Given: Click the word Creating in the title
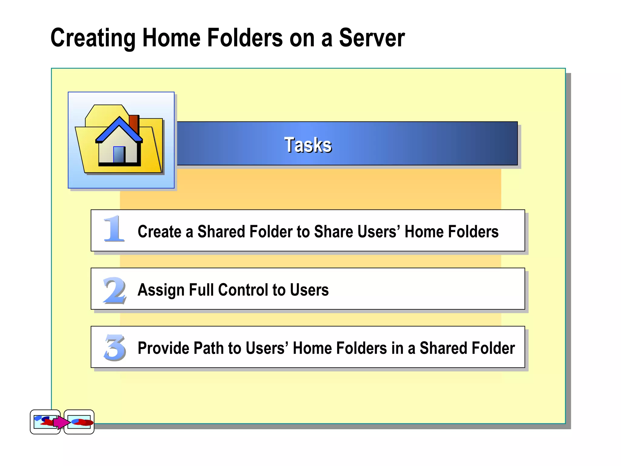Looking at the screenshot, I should coord(93,38).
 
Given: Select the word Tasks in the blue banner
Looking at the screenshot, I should coord(308,145).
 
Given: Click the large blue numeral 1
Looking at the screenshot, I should coord(114,229).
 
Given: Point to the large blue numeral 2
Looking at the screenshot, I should coord(114,290).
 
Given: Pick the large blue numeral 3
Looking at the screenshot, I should coord(115,348).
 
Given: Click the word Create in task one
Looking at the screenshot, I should coord(159,232).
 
